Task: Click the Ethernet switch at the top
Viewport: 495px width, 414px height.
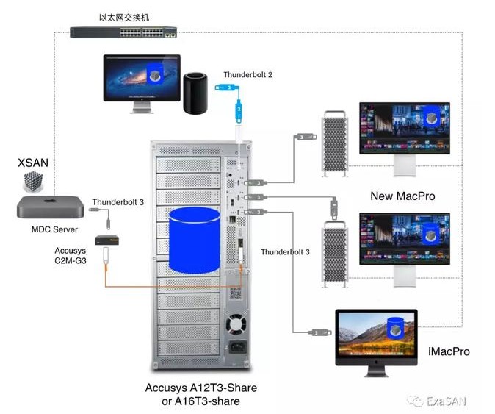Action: click(x=123, y=32)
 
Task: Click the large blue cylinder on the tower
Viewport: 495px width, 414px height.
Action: click(x=194, y=239)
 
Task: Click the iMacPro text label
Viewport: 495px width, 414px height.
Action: click(x=447, y=351)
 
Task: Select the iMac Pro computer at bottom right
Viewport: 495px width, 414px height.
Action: click(x=375, y=335)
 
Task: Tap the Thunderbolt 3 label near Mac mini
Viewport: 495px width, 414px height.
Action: click(x=118, y=201)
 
